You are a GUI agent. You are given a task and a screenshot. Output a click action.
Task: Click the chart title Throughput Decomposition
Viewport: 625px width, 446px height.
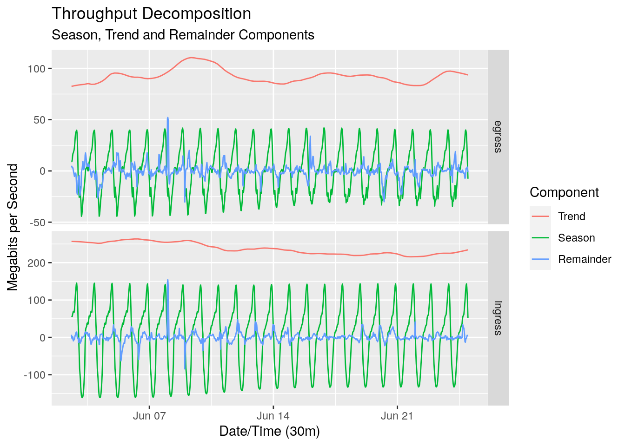pos(151,14)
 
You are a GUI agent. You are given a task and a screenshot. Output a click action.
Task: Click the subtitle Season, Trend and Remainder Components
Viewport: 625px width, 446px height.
pos(183,35)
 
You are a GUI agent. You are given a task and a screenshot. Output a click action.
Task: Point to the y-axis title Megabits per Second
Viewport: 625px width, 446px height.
pos(13,227)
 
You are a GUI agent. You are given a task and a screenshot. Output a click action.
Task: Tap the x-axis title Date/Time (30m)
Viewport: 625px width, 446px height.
pos(269,431)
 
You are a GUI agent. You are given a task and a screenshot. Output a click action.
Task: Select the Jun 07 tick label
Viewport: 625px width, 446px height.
pos(149,416)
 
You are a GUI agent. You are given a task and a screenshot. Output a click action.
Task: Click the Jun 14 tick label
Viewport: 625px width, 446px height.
pos(273,416)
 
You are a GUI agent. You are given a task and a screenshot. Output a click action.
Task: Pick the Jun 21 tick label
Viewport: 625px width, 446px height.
pos(397,416)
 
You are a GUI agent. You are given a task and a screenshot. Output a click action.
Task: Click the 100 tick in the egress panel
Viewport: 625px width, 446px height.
pos(36,69)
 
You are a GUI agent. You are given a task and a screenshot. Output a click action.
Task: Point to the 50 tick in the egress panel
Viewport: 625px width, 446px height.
pos(39,120)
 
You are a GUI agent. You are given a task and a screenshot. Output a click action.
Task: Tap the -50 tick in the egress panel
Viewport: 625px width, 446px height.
pos(37,223)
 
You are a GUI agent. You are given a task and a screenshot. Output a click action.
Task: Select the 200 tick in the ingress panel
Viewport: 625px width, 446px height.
pos(36,263)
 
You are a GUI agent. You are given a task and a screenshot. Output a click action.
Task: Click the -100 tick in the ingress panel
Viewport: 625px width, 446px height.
pos(35,375)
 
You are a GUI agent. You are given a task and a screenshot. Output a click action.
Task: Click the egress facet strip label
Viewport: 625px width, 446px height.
pos(498,137)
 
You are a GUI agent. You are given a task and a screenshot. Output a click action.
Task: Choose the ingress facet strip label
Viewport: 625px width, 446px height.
pos(498,318)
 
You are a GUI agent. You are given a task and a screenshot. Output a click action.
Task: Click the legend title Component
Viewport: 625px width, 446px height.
pos(564,192)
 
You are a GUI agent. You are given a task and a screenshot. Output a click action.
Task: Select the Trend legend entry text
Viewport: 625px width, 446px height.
pos(572,216)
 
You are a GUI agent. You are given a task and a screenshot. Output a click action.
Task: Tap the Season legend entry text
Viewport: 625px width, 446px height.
pos(576,238)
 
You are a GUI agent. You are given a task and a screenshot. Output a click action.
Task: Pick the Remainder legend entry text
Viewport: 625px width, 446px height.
pos(585,259)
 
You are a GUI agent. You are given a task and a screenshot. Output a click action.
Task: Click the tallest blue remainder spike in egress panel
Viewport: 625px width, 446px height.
pos(168,118)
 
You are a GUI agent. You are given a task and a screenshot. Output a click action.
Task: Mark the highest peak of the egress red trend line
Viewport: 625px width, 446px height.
pos(191,58)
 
